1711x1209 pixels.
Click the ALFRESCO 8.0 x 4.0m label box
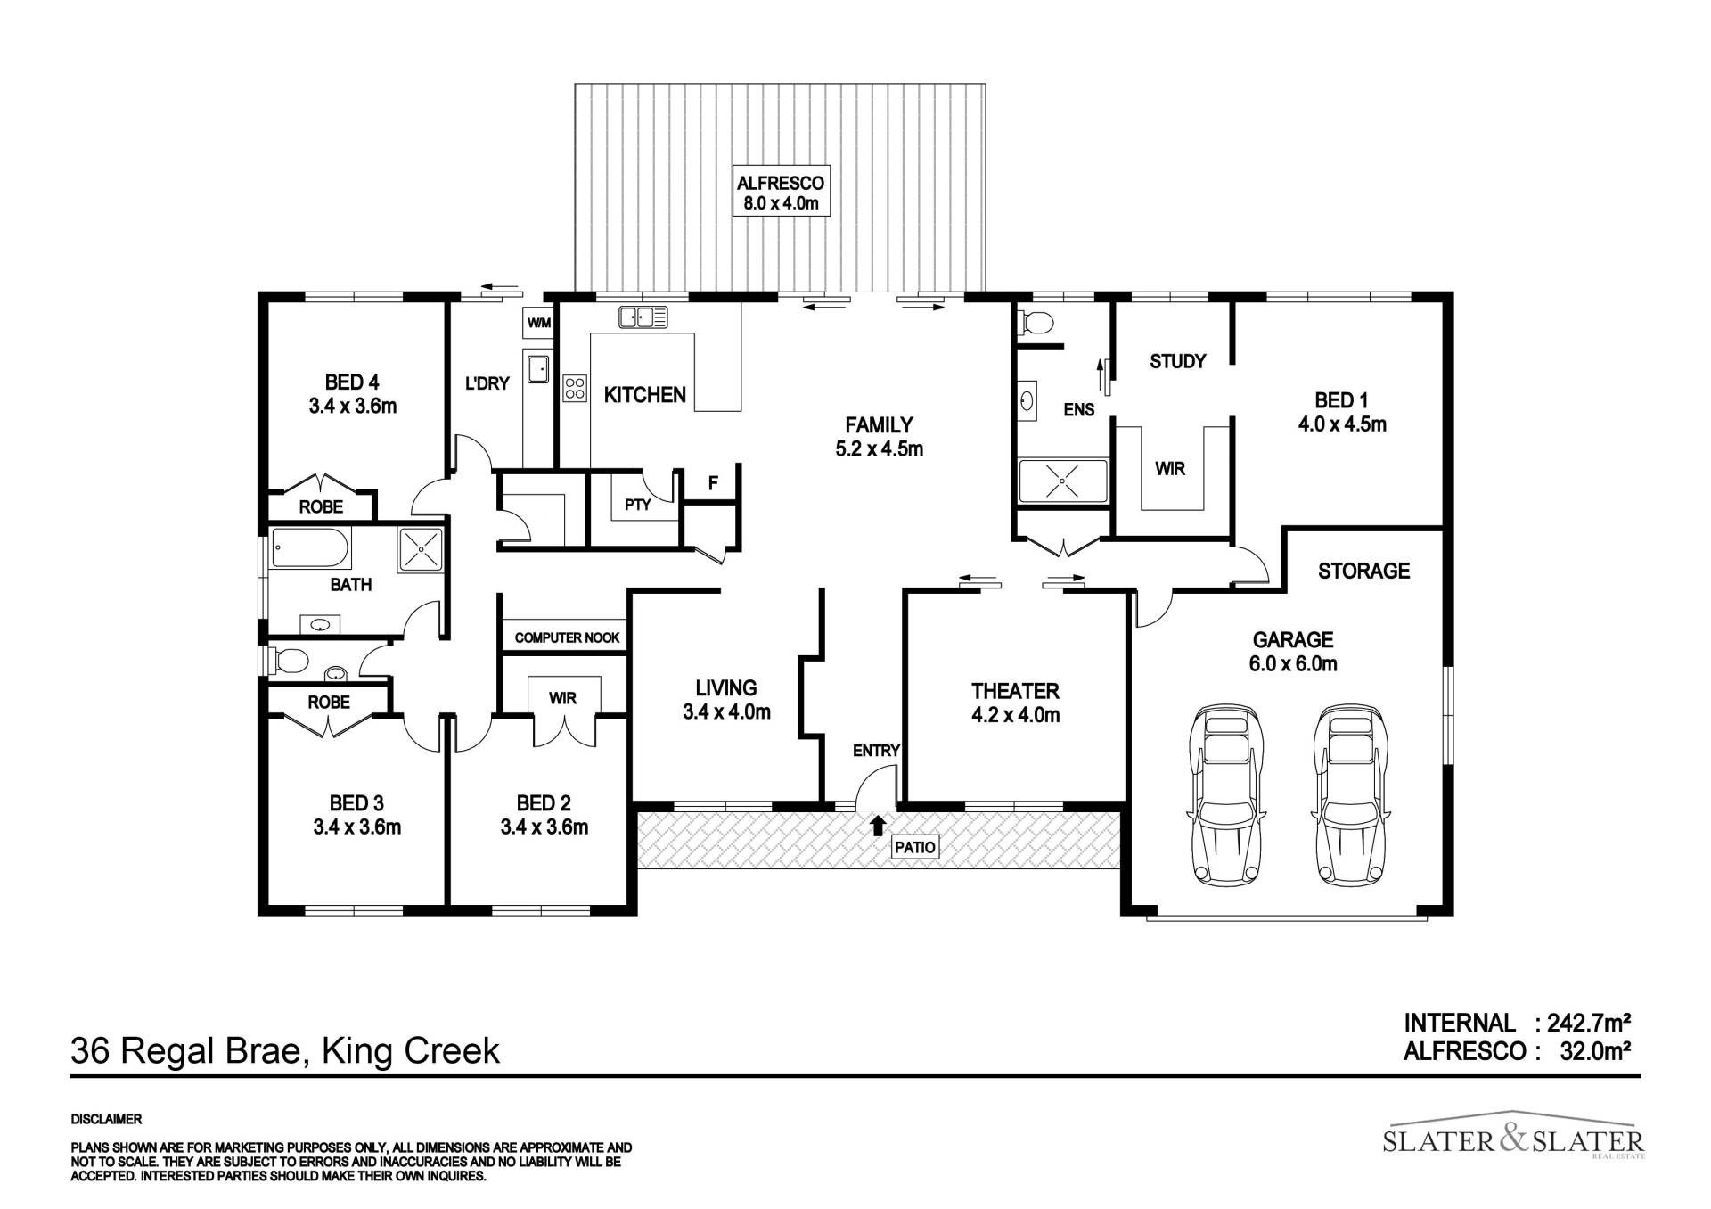point(780,191)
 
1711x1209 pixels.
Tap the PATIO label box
point(915,846)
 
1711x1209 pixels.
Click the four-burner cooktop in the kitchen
point(575,388)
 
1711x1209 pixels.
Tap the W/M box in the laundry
point(539,323)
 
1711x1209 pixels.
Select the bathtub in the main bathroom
point(311,547)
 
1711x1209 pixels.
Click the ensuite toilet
point(1036,322)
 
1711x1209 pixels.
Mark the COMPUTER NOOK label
point(567,637)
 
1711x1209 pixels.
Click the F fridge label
point(713,483)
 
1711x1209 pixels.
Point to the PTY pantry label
point(638,505)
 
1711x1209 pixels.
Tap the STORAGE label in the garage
point(1363,571)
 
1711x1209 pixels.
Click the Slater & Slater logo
point(1513,1139)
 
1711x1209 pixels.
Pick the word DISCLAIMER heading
point(106,1119)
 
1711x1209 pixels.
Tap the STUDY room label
point(1177,361)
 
